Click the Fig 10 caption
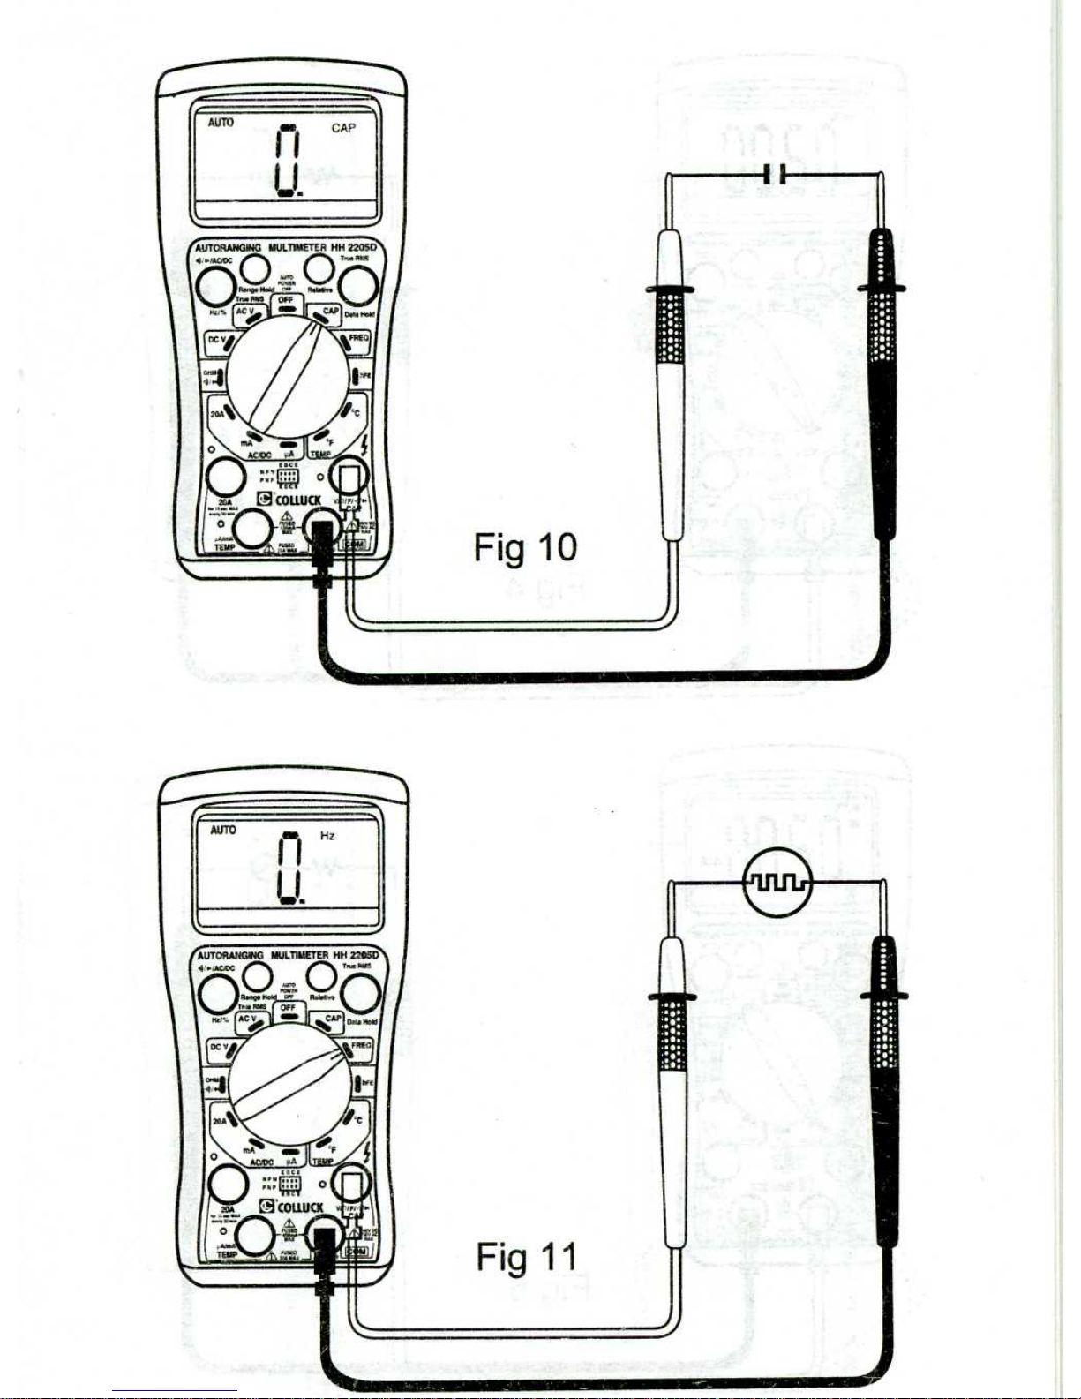pyautogui.click(x=525, y=547)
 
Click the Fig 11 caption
pyautogui.click(x=527, y=1257)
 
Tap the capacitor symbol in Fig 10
pyautogui.click(x=774, y=175)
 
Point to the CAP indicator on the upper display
pyautogui.click(x=343, y=129)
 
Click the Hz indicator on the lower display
pyautogui.click(x=327, y=836)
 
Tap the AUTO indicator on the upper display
pyautogui.click(x=221, y=123)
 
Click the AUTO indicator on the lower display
pyautogui.click(x=223, y=830)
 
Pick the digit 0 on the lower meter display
pyautogui.click(x=290, y=869)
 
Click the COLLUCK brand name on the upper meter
pyautogui.click(x=297, y=500)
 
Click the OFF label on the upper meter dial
pyautogui.click(x=285, y=300)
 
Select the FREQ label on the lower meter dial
pyautogui.click(x=360, y=1045)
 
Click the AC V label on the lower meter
pyautogui.click(x=247, y=1019)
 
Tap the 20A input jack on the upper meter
pyautogui.click(x=226, y=478)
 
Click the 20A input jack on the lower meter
pyautogui.click(x=228, y=1185)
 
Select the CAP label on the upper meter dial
pyautogui.click(x=331, y=312)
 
